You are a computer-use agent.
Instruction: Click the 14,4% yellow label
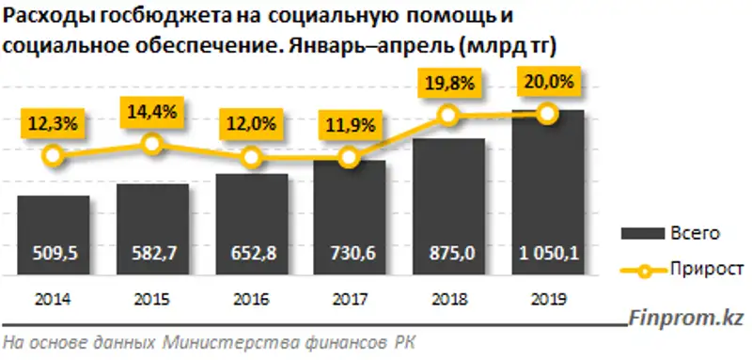coord(152,111)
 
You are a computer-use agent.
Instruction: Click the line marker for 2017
coord(350,158)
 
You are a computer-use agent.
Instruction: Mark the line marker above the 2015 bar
coord(152,144)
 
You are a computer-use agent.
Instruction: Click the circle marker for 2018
coord(449,115)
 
